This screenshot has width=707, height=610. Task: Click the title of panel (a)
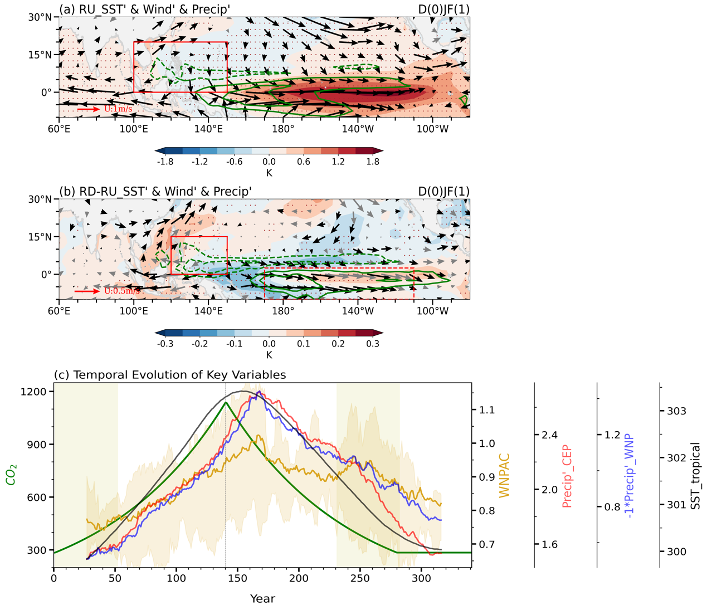(x=145, y=9)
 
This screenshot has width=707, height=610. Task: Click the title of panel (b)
(x=155, y=191)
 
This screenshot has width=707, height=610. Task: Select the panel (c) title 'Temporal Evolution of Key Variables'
(x=170, y=374)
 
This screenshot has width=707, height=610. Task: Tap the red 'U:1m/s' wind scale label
(x=118, y=109)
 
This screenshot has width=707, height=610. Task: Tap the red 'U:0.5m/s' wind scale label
(x=122, y=291)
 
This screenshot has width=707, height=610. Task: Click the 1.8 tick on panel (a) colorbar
(x=373, y=162)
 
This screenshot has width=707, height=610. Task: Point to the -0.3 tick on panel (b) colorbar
(x=165, y=344)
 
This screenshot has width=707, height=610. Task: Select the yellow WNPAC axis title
(x=504, y=475)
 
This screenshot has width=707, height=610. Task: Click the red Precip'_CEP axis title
(x=567, y=475)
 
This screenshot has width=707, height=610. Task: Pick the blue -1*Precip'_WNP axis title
(x=631, y=475)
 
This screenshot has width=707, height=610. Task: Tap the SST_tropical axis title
(x=695, y=475)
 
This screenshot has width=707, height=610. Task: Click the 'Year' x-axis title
(x=262, y=599)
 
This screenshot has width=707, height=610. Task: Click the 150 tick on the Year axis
(x=237, y=578)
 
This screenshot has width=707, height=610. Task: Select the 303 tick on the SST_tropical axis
(x=676, y=411)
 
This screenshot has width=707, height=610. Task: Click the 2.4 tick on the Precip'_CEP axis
(x=549, y=435)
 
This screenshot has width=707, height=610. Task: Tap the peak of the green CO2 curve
(x=225, y=402)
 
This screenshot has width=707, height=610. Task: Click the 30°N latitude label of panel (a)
(x=40, y=17)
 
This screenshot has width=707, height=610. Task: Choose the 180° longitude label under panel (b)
(x=283, y=310)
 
